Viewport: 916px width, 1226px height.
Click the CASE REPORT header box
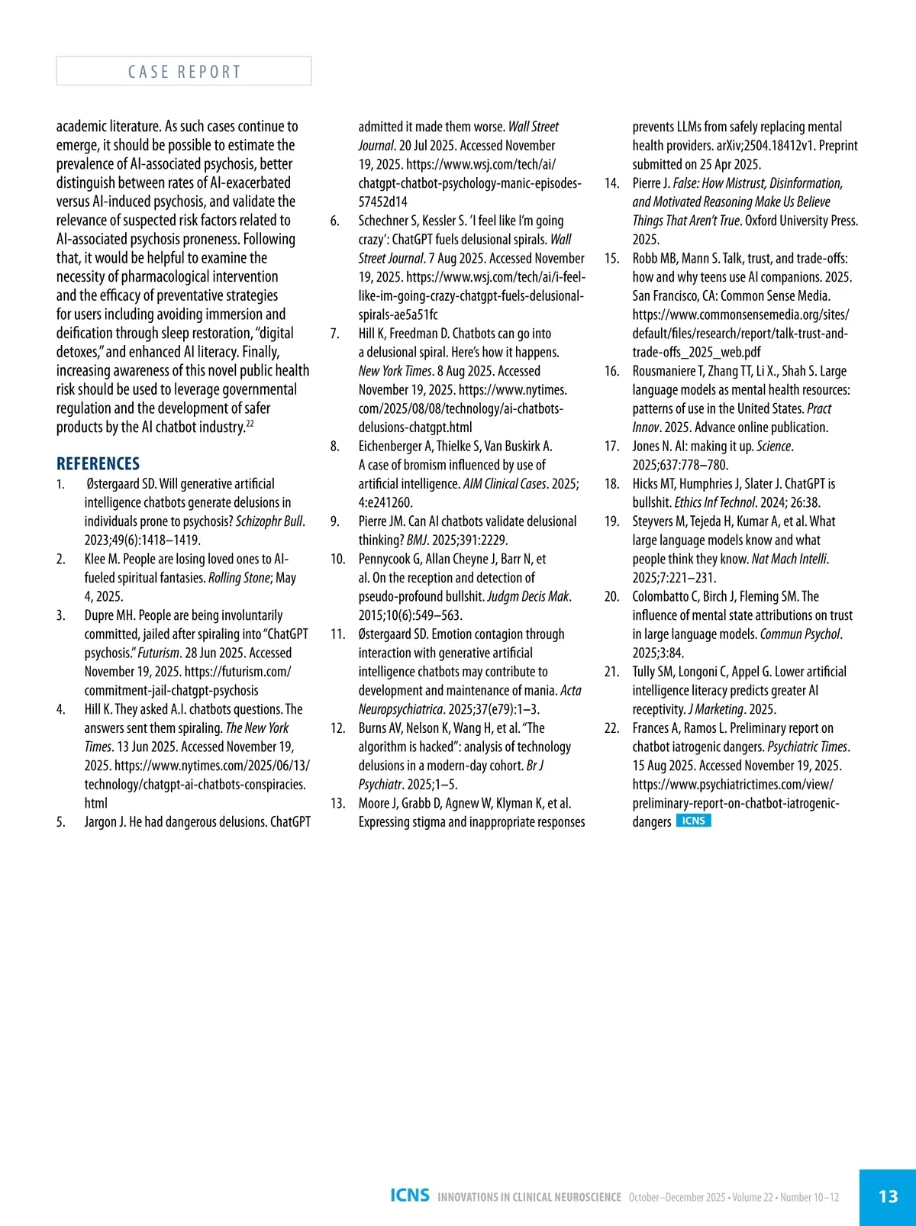pos(183,71)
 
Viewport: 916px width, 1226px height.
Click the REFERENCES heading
pos(98,463)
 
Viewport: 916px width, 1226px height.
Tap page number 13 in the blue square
pos(888,1196)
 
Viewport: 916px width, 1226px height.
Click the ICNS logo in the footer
pos(409,1195)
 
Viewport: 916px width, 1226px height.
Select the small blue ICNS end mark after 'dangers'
pos(693,821)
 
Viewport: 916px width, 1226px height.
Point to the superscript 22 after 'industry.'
pos(250,424)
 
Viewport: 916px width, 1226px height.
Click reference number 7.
pos(334,334)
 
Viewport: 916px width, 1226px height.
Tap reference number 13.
pos(337,803)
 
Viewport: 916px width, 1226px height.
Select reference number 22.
pos(611,728)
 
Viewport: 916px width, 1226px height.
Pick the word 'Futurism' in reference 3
pos(158,653)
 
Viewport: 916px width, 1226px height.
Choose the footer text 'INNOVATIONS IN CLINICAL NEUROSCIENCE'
pos(529,1197)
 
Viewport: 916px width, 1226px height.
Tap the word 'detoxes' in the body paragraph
pos(78,352)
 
